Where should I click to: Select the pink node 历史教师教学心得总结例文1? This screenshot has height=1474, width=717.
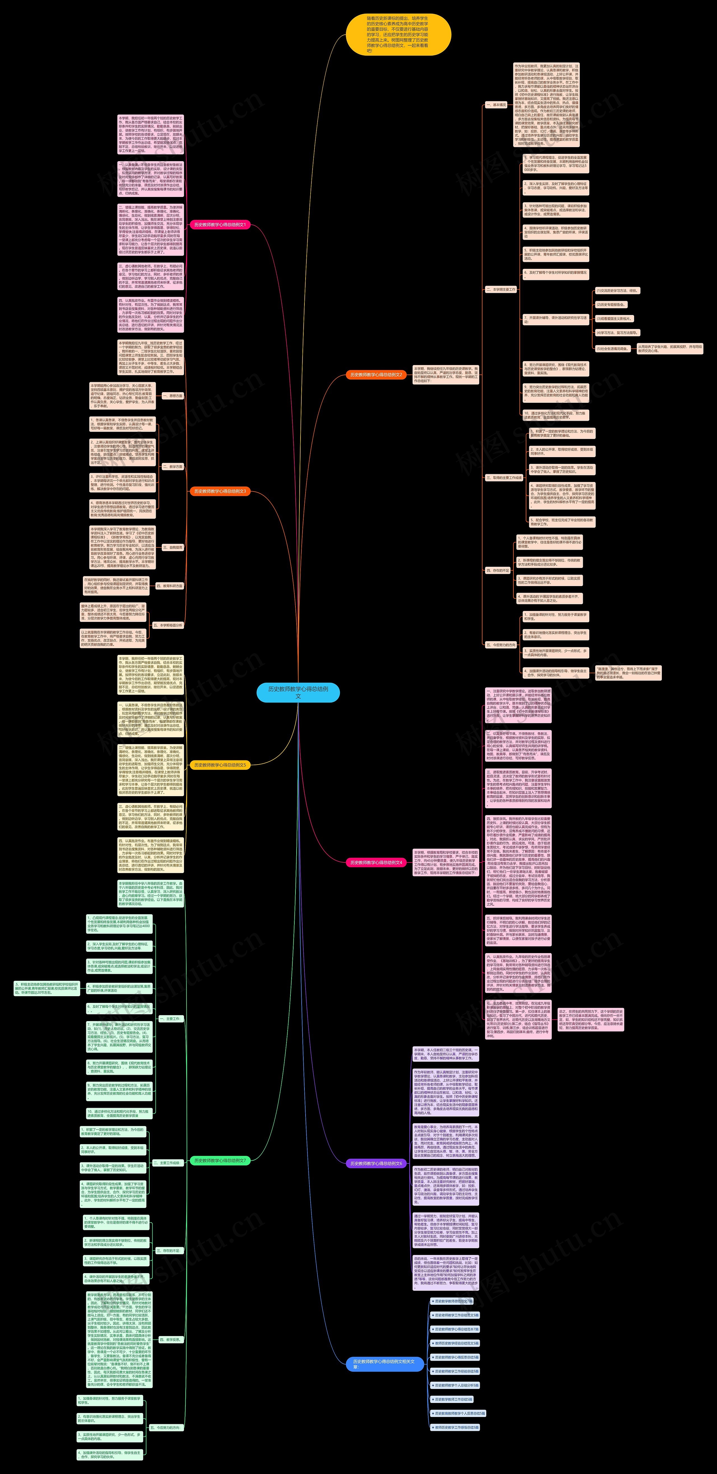220,225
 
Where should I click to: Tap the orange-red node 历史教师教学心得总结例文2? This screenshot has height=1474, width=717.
376,375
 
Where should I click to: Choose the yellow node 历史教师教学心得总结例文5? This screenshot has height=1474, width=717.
220,765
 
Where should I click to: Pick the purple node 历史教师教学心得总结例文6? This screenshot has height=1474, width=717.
376,1163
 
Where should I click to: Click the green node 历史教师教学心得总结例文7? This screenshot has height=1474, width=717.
220,1160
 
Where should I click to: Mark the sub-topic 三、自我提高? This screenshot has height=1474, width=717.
172,547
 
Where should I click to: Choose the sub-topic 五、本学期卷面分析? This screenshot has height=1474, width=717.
167,626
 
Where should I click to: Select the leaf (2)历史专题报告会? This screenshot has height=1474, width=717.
611,304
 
